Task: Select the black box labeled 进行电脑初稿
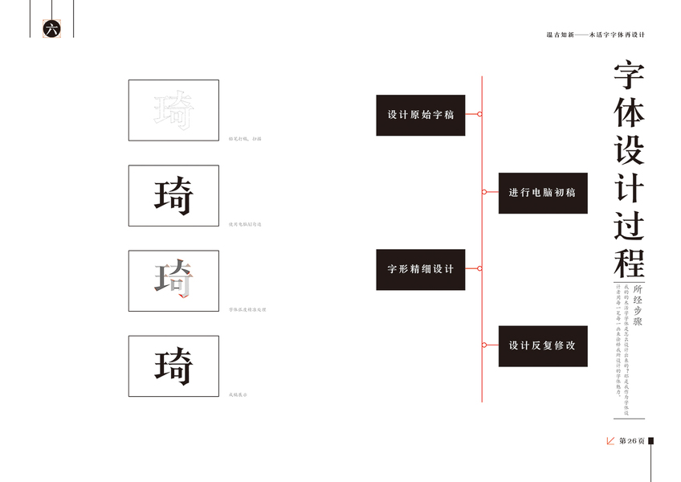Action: click(542, 193)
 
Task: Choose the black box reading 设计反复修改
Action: click(542, 345)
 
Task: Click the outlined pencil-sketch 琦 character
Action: click(173, 110)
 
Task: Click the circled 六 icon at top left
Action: click(51, 29)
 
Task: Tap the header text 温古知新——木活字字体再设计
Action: click(596, 35)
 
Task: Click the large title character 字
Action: click(629, 78)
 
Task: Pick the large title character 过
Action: click(629, 225)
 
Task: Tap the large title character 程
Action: click(629, 262)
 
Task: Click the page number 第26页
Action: click(631, 441)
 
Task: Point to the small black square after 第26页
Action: click(650, 441)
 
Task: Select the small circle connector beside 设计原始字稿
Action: click(479, 115)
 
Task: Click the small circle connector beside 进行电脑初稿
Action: click(484, 192)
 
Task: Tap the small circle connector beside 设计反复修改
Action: click(484, 345)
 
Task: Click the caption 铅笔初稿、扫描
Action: click(246, 139)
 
